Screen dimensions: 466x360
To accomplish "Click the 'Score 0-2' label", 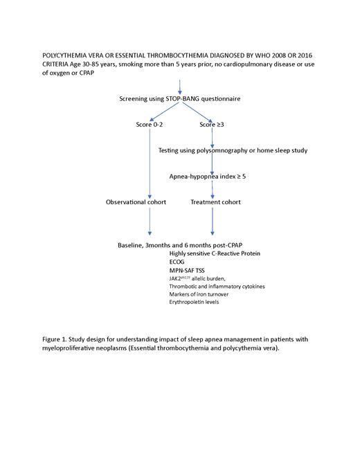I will pyautogui.click(x=150, y=125).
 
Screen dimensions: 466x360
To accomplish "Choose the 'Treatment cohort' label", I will pyautogui.click(x=215, y=202).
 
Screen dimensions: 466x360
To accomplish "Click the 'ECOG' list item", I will pyautogui.click(x=178, y=262).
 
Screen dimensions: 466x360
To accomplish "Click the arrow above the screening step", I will pyautogui.click(x=180, y=87).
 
